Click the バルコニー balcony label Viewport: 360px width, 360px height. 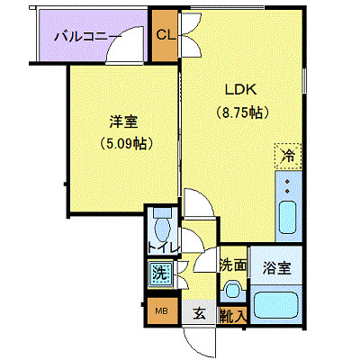(87, 37)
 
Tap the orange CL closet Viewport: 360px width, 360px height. (165, 36)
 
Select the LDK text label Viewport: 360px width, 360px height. (241, 90)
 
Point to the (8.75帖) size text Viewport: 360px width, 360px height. (243, 112)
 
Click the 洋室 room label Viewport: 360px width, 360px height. (124, 121)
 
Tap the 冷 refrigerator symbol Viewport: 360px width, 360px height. (287, 157)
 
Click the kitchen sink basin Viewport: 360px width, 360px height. (288, 217)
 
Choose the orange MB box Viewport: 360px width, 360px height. (162, 312)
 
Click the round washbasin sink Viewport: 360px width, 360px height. (232, 290)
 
